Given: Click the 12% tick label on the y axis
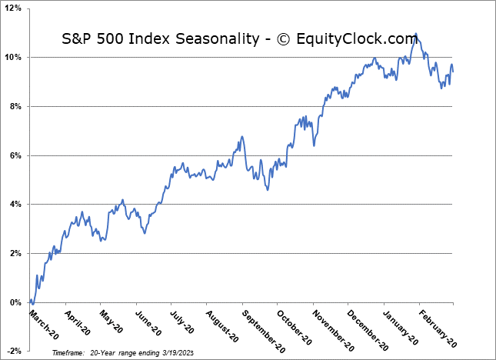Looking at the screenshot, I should tap(13, 8).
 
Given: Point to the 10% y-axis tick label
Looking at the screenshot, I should tap(13, 58).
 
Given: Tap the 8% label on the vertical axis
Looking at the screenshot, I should tap(15, 106).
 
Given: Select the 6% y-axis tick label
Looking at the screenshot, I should tap(15, 155).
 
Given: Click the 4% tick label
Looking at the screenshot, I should tap(15, 205).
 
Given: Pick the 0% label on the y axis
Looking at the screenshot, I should tap(15, 302).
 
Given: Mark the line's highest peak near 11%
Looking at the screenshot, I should tap(416, 34).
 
